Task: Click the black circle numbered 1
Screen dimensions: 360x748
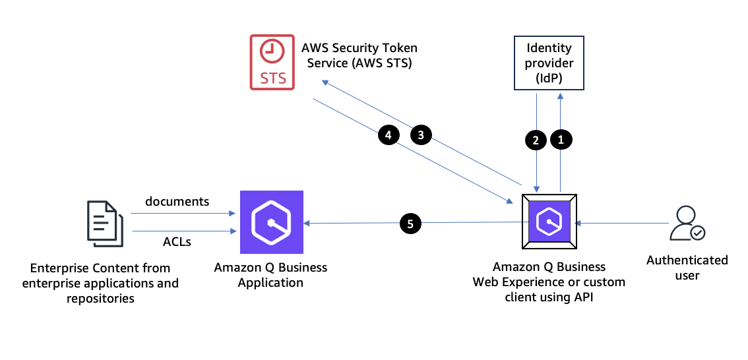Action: coord(561,139)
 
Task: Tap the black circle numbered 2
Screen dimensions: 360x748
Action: coord(536,139)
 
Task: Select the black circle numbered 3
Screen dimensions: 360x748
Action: coord(421,135)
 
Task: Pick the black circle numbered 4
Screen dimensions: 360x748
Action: coord(389,135)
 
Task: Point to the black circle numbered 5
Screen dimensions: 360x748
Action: coord(410,224)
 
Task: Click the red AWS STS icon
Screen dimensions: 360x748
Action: coord(272,63)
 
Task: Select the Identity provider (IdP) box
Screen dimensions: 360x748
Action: coord(549,63)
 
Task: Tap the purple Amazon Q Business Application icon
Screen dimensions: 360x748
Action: coord(272,222)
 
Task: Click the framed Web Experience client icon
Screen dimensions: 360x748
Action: coord(549,222)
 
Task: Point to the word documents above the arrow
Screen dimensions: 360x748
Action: coord(177,202)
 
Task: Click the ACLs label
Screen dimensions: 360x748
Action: coord(177,242)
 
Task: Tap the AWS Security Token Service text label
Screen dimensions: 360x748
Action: coord(359,55)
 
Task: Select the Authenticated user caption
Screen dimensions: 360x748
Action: coord(687,267)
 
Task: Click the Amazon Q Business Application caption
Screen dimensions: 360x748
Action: coord(270,275)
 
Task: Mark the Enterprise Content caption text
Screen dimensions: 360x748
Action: coord(100,283)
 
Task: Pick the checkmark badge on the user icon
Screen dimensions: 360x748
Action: coord(697,233)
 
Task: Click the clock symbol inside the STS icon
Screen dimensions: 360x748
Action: coord(272,51)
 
